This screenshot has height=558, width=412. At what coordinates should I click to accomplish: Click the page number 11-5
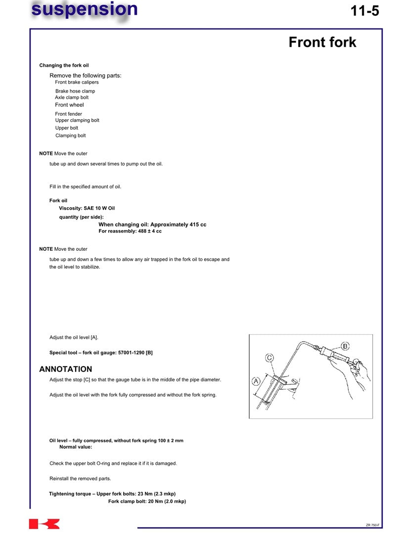[365, 11]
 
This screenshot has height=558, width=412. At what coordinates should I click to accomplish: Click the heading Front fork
[322, 43]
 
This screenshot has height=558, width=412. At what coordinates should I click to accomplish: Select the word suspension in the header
[84, 9]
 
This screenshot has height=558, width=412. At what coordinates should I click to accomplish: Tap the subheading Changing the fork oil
[64, 65]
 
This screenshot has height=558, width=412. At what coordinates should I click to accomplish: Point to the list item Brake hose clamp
[75, 91]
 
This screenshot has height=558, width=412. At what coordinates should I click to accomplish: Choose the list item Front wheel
[69, 105]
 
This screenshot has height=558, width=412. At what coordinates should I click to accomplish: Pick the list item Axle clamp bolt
[72, 97]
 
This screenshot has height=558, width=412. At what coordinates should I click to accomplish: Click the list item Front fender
[68, 114]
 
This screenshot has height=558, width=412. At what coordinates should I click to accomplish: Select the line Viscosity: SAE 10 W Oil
[87, 208]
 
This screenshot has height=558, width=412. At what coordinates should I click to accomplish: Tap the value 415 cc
[198, 225]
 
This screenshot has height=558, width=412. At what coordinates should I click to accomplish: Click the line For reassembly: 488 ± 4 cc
[130, 231]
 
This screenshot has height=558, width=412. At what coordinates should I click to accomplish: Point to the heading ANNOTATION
[65, 369]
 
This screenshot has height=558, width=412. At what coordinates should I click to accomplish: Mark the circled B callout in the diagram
[345, 346]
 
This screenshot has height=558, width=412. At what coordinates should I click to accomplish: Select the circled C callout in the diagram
[270, 357]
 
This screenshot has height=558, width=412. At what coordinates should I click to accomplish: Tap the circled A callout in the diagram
[256, 381]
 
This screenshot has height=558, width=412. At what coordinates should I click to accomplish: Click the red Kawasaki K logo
[45, 524]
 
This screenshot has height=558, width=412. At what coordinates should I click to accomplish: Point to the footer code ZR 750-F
[372, 525]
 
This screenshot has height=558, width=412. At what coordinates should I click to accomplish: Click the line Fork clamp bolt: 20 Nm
[147, 501]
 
